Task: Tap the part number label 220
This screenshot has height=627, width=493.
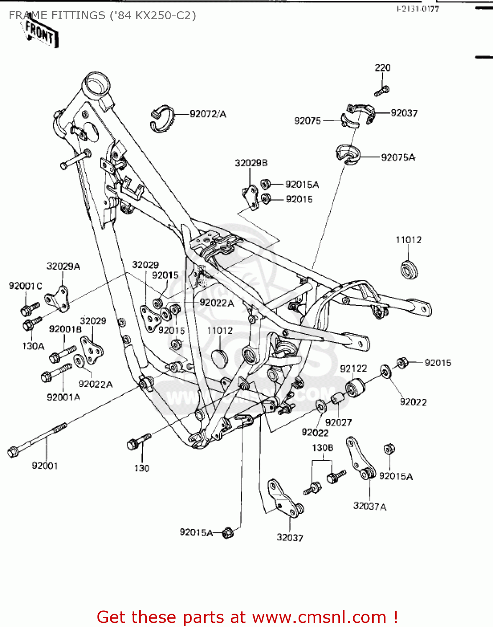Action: click(382, 68)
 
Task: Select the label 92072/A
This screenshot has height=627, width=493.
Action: click(208, 114)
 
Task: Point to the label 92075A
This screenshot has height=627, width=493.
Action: click(398, 158)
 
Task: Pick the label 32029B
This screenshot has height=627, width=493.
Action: click(251, 163)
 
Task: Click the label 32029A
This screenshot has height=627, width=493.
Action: click(63, 266)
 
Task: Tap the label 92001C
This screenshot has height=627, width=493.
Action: click(26, 286)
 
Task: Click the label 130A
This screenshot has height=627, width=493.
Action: click(33, 346)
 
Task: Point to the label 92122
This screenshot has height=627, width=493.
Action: click(353, 369)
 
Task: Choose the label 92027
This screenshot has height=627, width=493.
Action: click(338, 423)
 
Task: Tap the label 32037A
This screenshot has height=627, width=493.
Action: click(370, 506)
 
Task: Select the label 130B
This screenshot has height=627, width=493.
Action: click(322, 448)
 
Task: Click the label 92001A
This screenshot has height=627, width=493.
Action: click(63, 397)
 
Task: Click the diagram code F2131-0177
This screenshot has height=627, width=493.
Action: click(418, 9)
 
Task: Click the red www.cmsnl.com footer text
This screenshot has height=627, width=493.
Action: click(247, 617)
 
